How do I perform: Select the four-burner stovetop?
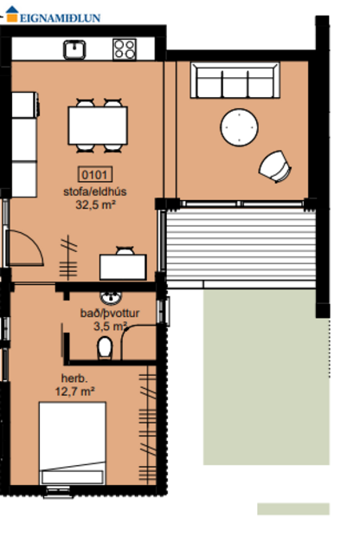124,49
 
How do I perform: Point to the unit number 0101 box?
96,173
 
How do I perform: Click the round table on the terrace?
241,128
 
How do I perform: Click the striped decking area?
241,251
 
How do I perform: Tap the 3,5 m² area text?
110,327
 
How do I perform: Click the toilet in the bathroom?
105,347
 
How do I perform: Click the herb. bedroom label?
74,378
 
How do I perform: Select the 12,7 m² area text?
75,391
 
